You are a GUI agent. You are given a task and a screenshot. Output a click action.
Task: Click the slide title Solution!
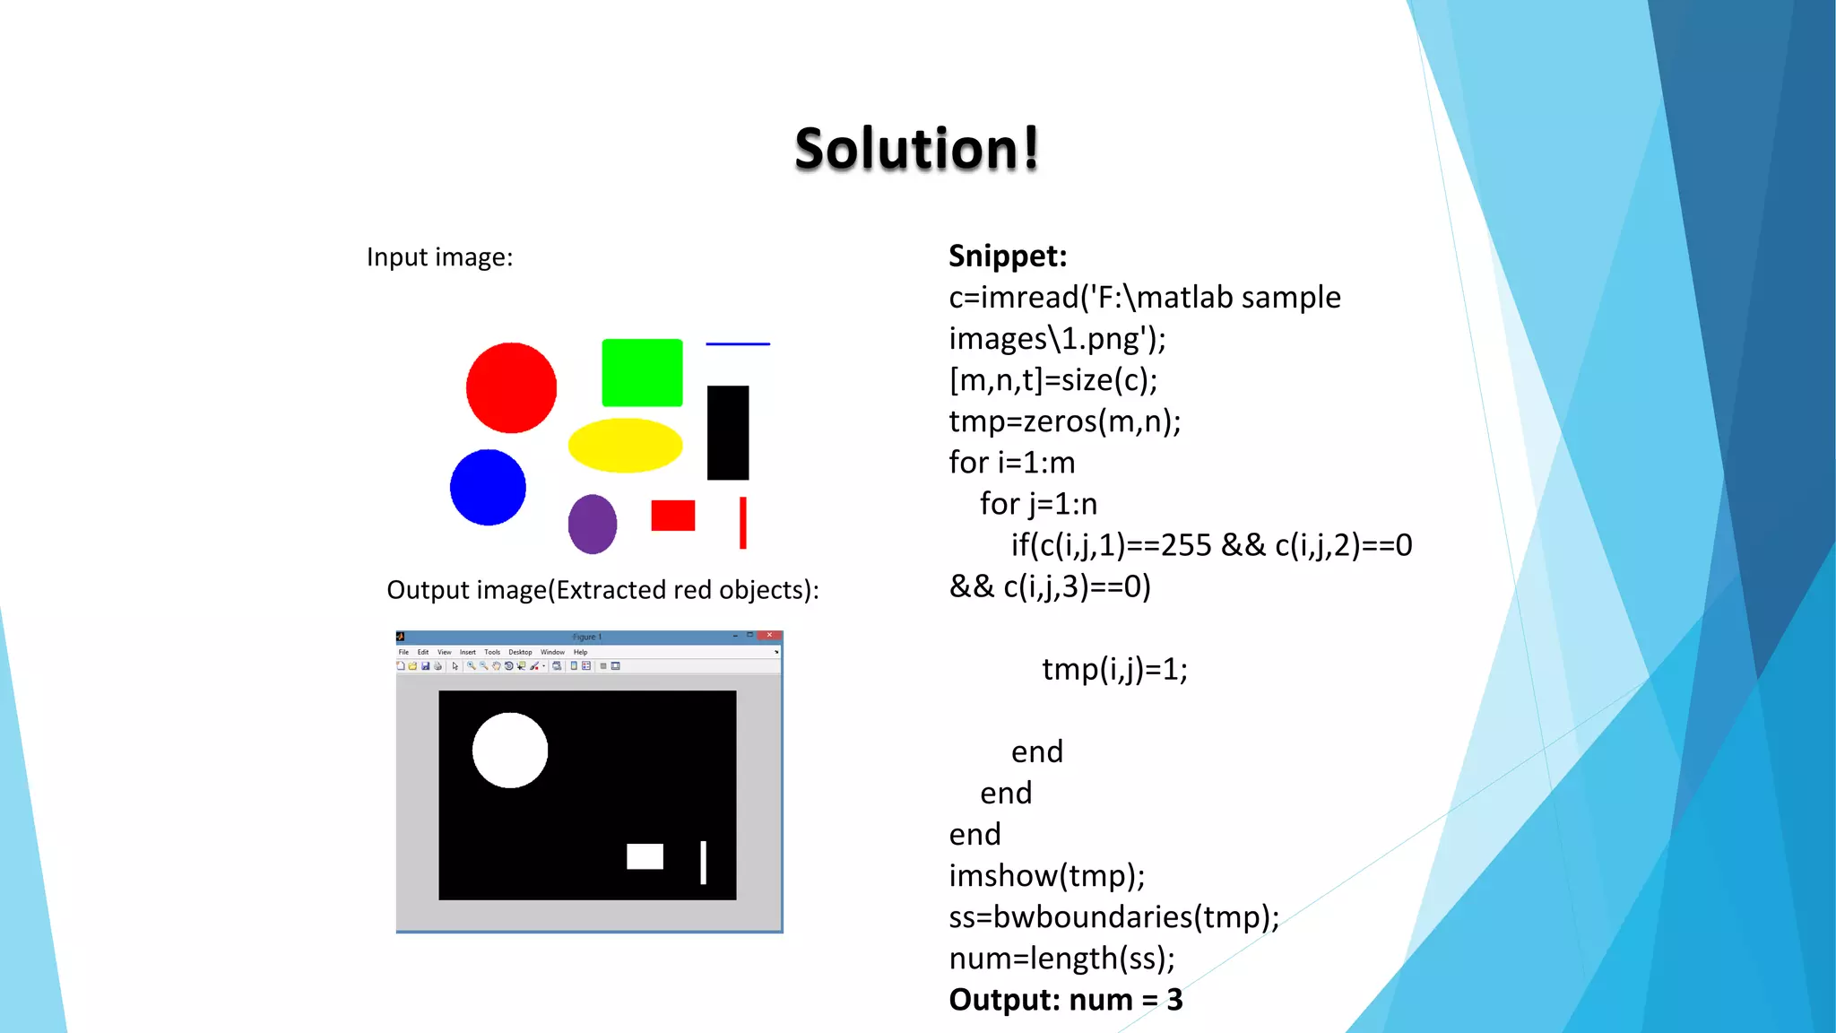click(916, 148)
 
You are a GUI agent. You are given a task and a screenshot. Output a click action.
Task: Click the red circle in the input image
click(511, 387)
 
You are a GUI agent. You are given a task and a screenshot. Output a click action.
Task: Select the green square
click(642, 372)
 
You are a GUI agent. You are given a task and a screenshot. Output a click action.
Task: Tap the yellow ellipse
click(625, 445)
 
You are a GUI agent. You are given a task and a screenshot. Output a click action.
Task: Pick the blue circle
click(488, 487)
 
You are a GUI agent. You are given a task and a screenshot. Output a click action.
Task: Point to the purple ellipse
click(593, 524)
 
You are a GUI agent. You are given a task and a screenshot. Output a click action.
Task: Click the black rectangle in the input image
click(727, 432)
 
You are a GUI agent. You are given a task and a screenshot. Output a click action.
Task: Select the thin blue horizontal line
click(738, 343)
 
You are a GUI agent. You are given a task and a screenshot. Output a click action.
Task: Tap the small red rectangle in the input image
click(672, 516)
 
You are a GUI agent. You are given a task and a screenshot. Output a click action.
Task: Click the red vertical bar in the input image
click(742, 523)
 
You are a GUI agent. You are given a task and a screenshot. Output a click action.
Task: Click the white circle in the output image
click(510, 751)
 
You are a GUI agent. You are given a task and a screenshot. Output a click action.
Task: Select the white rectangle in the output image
click(645, 856)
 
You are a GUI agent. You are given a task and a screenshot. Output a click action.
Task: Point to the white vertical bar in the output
click(703, 863)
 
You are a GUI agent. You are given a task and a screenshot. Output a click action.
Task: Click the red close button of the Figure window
click(769, 636)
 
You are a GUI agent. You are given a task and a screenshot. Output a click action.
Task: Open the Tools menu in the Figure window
click(492, 652)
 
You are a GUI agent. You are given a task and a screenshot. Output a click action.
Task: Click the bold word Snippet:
click(1008, 256)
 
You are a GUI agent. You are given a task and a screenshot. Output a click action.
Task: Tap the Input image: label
click(439, 257)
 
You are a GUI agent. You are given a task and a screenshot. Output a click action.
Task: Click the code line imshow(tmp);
click(1046, 876)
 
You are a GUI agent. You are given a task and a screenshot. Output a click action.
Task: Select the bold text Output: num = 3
click(1065, 1000)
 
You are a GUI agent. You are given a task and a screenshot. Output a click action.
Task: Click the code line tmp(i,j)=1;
click(1114, 669)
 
